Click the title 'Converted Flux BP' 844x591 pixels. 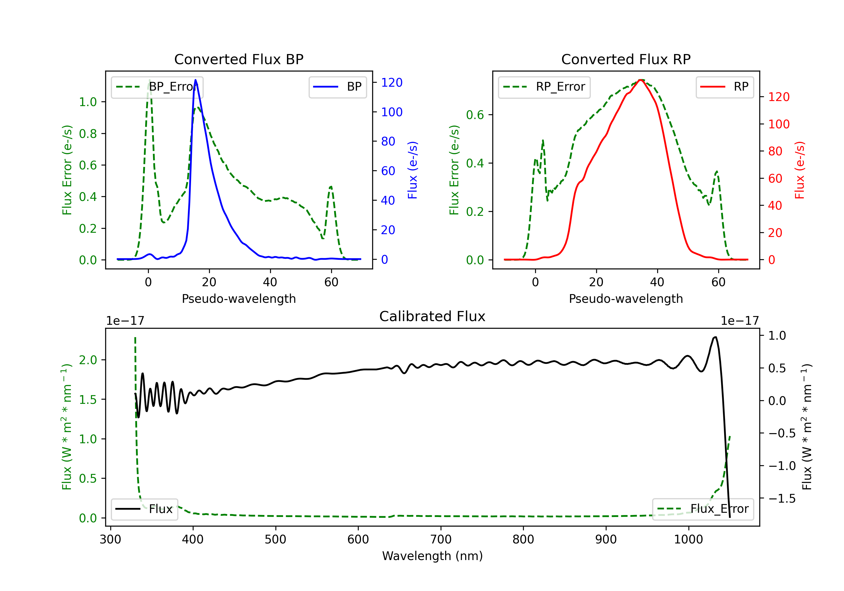(x=239, y=59)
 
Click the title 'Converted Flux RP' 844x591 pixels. (x=626, y=59)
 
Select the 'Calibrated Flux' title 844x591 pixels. (x=432, y=316)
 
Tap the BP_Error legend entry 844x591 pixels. (x=157, y=87)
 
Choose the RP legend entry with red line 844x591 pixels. (x=724, y=87)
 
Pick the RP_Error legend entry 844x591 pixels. (x=544, y=87)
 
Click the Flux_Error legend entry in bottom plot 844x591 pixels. (x=703, y=509)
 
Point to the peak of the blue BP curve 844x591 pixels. (x=196, y=80)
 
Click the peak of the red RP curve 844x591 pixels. (x=640, y=80)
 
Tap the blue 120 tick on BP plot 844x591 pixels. (x=392, y=82)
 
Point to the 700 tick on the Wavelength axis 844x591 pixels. (x=441, y=539)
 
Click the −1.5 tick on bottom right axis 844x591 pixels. (x=782, y=498)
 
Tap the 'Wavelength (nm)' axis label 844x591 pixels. (x=432, y=556)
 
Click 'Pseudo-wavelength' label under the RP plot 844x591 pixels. (x=626, y=299)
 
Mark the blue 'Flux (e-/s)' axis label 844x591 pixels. (x=413, y=170)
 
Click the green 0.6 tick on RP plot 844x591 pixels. (x=475, y=115)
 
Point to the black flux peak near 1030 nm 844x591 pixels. (x=715, y=337)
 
